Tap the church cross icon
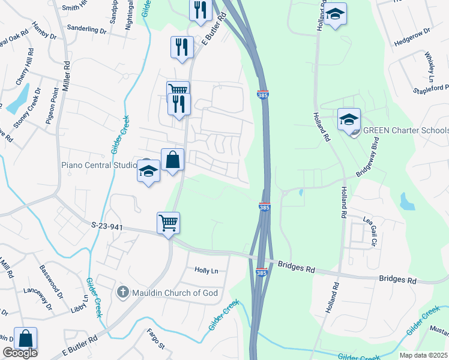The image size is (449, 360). [x=123, y=293]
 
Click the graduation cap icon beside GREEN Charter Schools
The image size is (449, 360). [x=349, y=119]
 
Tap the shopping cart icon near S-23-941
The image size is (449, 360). [x=169, y=223]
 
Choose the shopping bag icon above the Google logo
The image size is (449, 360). [x=25, y=338]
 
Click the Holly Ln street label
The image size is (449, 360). [x=206, y=271]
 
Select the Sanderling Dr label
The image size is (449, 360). [x=86, y=28]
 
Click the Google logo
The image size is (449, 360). [x=20, y=353]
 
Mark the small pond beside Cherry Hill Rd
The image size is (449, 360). [x=18, y=99]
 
